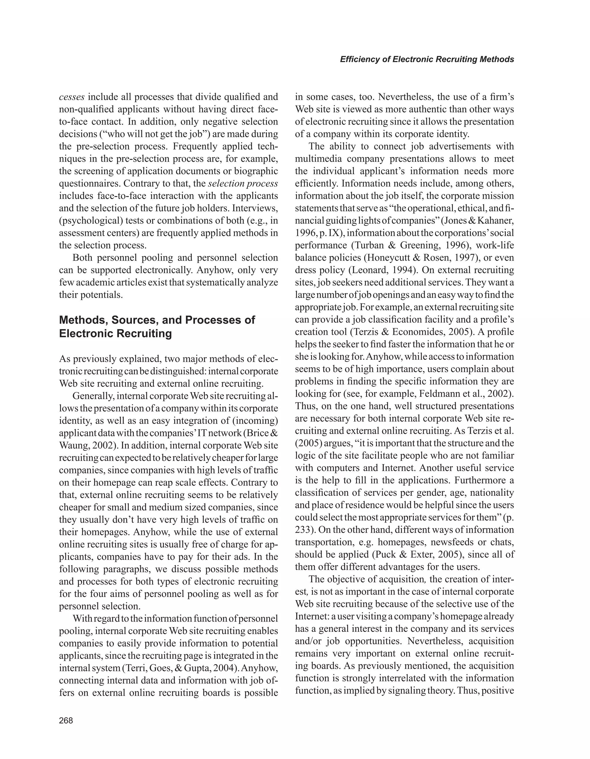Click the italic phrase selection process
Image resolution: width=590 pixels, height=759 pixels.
click(x=243, y=184)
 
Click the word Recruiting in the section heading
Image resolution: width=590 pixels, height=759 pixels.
click(x=144, y=334)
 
